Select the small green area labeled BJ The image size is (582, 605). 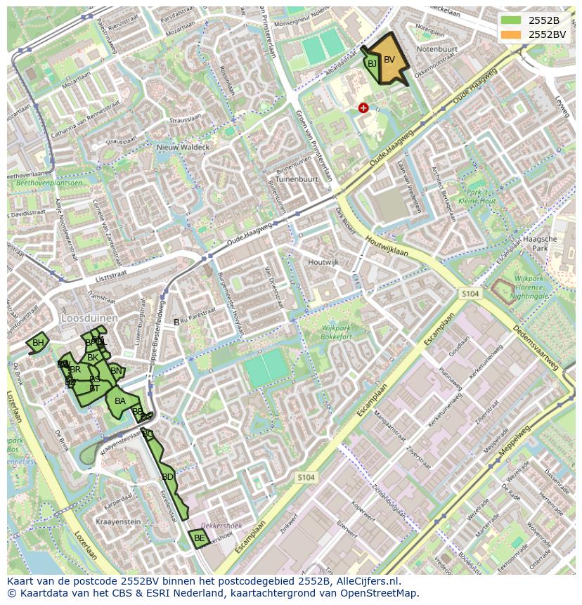click(371, 64)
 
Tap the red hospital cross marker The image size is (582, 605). click(363, 108)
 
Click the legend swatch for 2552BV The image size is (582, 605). click(512, 34)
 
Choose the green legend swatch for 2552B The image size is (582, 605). click(512, 20)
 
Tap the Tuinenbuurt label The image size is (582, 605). click(297, 179)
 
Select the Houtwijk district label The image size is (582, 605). click(323, 262)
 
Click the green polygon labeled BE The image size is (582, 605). click(199, 539)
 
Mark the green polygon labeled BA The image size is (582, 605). click(119, 402)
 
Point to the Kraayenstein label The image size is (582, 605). click(119, 522)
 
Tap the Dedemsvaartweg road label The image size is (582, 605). click(535, 347)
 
